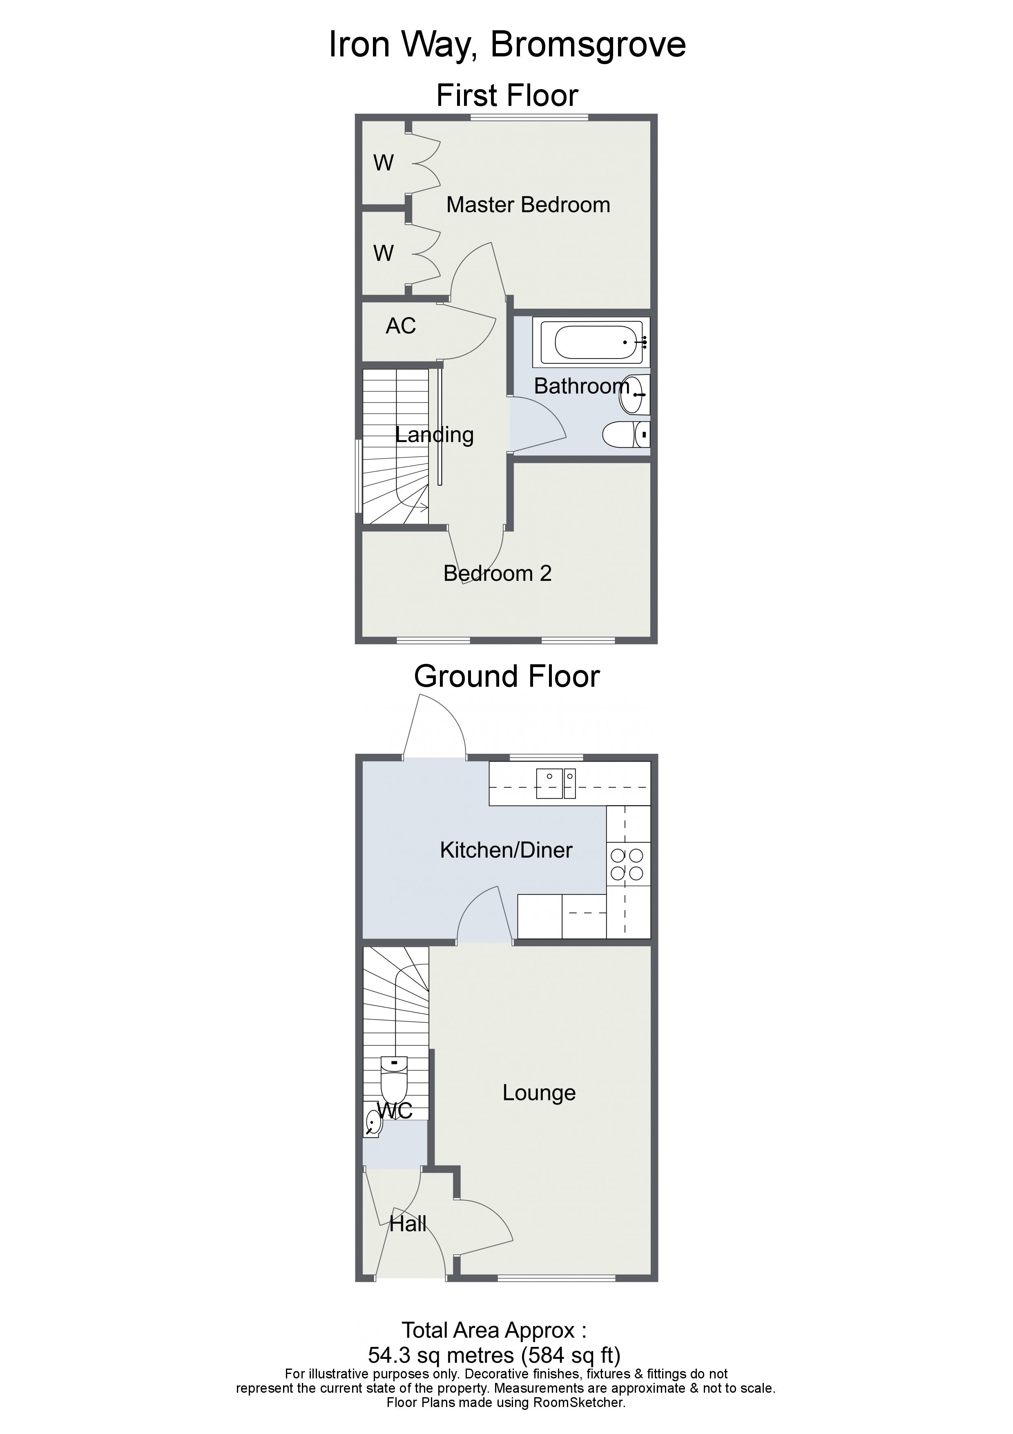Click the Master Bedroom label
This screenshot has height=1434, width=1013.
(528, 205)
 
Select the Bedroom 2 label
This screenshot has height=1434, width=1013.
(498, 574)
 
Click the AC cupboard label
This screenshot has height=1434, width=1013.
(401, 326)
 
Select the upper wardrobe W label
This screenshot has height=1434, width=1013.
(383, 163)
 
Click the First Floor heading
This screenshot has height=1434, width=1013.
(507, 96)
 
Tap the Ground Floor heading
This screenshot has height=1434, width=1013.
(506, 677)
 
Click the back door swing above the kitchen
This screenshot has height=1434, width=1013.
(437, 731)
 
